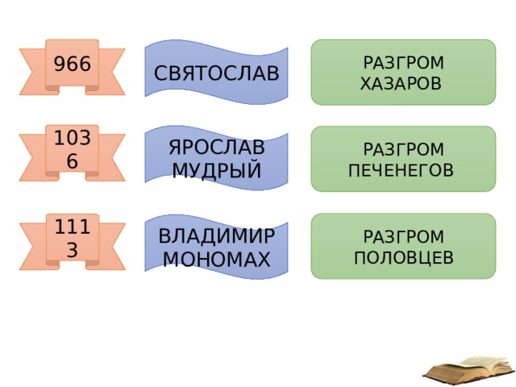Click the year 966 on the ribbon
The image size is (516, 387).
pyautogui.click(x=72, y=64)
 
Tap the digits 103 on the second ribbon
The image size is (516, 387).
pyautogui.click(x=72, y=138)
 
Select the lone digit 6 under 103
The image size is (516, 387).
pyautogui.click(x=72, y=161)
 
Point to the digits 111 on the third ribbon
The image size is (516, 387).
pyautogui.click(x=72, y=227)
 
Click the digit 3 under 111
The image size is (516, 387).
pyautogui.click(x=72, y=250)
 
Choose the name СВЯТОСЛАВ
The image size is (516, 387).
pyautogui.click(x=217, y=73)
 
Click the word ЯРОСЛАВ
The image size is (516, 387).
pyautogui.click(x=217, y=147)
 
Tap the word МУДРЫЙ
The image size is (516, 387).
pyautogui.click(x=217, y=170)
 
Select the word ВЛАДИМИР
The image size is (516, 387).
pyautogui.click(x=217, y=236)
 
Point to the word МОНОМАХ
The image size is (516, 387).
pyautogui.click(x=217, y=260)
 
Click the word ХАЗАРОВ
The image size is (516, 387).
pyautogui.click(x=401, y=84)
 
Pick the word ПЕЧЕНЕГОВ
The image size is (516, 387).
pyautogui.click(x=401, y=170)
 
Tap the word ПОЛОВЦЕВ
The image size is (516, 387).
pyautogui.click(x=404, y=258)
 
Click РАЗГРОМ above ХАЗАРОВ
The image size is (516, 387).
pyautogui.click(x=404, y=63)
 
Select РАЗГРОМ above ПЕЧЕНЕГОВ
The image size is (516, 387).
pyautogui.click(x=404, y=149)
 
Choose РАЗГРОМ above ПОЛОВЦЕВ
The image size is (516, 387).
pyautogui.click(x=404, y=236)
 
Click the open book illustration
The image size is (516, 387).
pyautogui.click(x=469, y=371)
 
